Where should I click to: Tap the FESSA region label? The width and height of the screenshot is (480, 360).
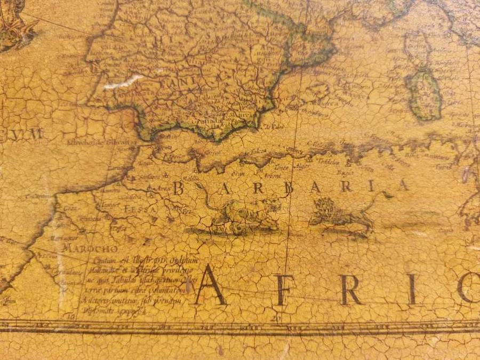tap(140, 209)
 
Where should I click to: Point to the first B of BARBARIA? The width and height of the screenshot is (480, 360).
tap(179, 188)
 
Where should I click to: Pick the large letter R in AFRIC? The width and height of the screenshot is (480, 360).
tap(350, 290)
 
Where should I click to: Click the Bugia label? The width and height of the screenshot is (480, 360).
tap(345, 173)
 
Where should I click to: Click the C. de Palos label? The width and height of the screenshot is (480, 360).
tap(274, 126)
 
